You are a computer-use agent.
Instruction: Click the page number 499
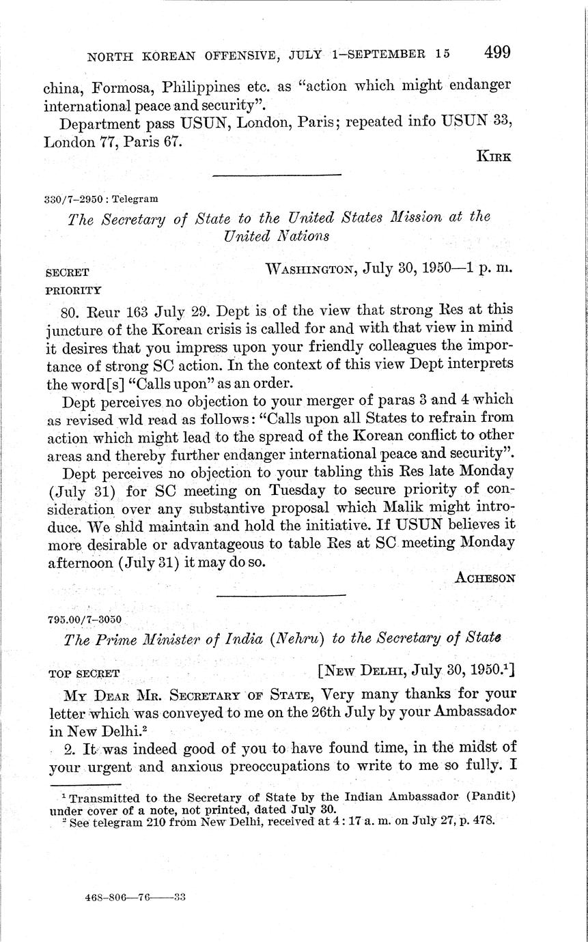[497, 53]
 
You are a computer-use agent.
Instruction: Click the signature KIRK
[495, 156]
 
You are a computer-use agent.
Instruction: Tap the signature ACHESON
[485, 577]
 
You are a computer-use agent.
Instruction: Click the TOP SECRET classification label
[84, 673]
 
